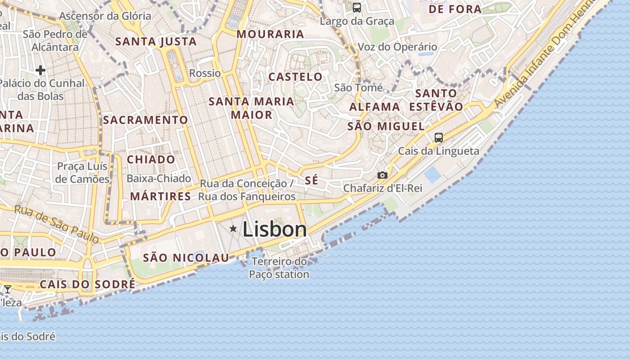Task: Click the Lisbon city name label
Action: point(274,229)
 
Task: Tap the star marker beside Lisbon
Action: point(233,229)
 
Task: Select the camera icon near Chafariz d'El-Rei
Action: point(382,175)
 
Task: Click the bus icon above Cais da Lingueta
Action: point(439,138)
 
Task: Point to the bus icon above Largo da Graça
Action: point(357,7)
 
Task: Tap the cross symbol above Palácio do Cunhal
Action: point(40,70)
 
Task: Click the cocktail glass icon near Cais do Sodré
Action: point(8,289)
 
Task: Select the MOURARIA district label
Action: point(270,34)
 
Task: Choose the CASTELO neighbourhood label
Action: point(295,77)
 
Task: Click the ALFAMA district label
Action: point(374,107)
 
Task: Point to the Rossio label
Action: point(205,73)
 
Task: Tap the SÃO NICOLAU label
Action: point(186,258)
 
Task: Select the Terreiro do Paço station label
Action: point(279,268)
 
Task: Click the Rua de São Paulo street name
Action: point(56,224)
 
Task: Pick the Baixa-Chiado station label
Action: point(158,179)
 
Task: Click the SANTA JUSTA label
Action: point(156,42)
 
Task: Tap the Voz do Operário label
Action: point(397,47)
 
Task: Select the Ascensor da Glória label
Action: point(105,16)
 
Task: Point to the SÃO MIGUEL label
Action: point(386,126)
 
